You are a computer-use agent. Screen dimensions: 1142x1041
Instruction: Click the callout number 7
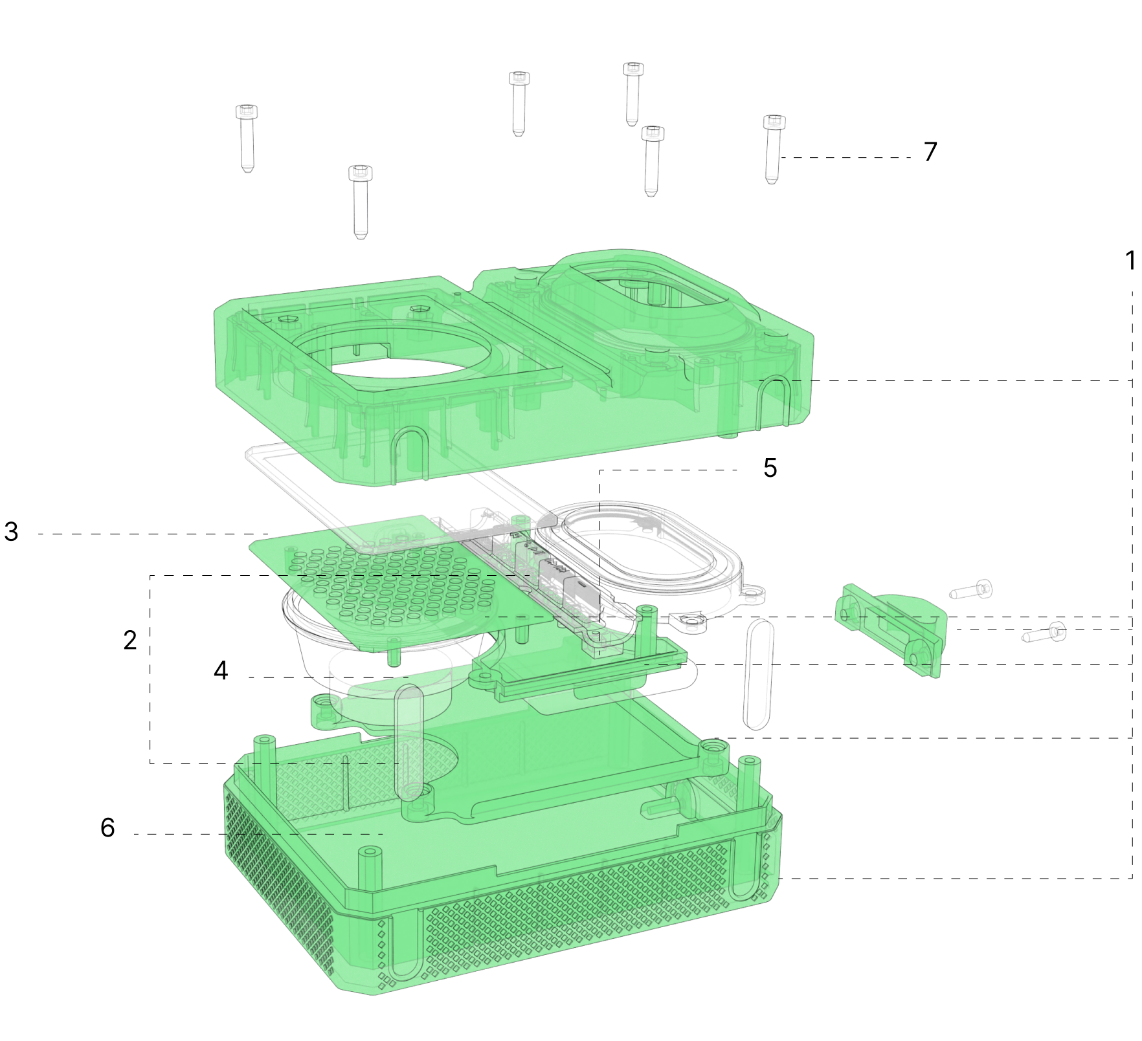coord(930,151)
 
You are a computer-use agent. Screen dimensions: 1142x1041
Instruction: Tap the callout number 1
coord(1130,260)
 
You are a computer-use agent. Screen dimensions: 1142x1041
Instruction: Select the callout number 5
coord(770,468)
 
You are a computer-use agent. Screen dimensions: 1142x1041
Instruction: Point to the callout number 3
coord(11,532)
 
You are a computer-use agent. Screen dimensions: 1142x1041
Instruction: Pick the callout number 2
coord(130,640)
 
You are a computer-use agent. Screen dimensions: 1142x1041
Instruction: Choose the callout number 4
coord(221,670)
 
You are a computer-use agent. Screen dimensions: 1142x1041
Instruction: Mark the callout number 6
coord(107,827)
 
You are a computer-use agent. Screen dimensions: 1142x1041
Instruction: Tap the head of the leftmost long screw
coord(246,112)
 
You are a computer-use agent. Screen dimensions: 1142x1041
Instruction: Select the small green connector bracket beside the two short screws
coord(891,627)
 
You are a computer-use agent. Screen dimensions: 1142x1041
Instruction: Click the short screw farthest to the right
coord(1044,633)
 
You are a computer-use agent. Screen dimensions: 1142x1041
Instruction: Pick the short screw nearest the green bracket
coord(970,589)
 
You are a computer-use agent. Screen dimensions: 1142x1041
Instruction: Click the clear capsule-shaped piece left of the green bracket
coord(758,674)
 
